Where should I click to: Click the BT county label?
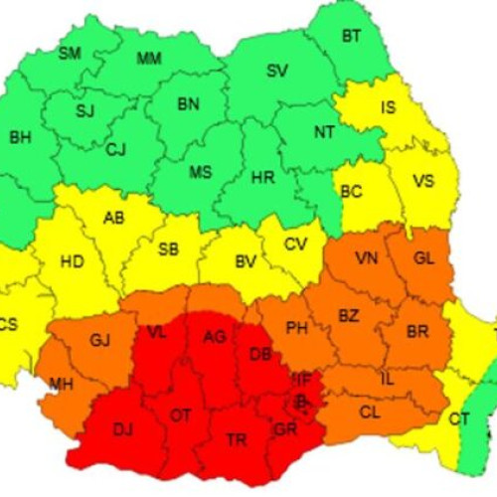351,37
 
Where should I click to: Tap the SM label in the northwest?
70,54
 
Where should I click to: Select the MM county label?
149,59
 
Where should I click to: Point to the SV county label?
277,71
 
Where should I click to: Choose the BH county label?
20,137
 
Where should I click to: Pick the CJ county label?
116,150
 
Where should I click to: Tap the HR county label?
262,178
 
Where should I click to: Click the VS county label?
422,181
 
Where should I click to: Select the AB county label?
114,218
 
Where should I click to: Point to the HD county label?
72,262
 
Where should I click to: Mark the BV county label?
247,262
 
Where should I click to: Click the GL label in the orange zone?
423,258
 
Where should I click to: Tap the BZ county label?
349,316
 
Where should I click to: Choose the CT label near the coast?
458,419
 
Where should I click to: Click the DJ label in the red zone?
122,429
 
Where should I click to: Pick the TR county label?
238,439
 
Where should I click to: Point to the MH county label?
61,384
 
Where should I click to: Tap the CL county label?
369,411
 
